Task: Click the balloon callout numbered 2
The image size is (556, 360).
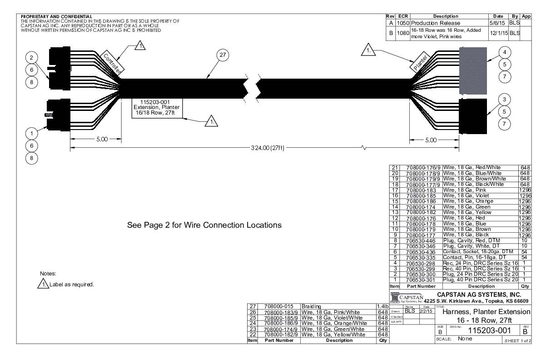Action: pos(31,57)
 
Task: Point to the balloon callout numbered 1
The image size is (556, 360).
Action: pos(31,133)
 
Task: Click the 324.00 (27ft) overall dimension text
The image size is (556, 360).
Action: pos(267,148)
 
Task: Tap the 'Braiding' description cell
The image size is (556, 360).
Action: pos(312,307)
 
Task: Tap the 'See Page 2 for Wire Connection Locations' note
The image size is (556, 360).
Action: pos(206,225)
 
